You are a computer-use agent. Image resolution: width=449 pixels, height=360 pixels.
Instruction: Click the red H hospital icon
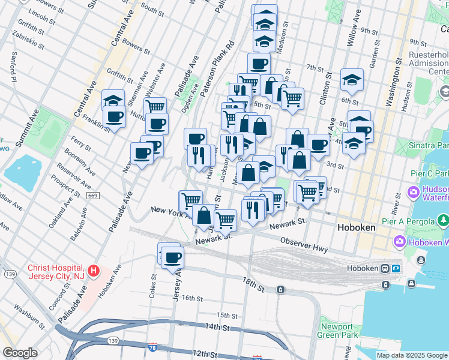[93, 271]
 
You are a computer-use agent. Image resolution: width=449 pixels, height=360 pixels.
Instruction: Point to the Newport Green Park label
[336, 331]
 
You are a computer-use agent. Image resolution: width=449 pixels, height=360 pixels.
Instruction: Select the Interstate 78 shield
[154, 347]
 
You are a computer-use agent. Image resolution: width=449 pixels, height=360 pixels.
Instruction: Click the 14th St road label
[217, 328]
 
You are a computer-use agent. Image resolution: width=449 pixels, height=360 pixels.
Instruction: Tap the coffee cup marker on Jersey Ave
[172, 257]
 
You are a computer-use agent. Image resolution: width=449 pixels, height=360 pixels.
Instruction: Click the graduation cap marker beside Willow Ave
[352, 79]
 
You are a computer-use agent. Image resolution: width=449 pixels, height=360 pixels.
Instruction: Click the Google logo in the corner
[20, 353]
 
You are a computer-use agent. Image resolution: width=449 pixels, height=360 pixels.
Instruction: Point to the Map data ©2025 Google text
[412, 355]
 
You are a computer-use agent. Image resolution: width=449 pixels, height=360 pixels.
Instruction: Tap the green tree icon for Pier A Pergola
[443, 221]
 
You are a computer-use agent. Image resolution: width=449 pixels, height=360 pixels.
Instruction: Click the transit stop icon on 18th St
[280, 290]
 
